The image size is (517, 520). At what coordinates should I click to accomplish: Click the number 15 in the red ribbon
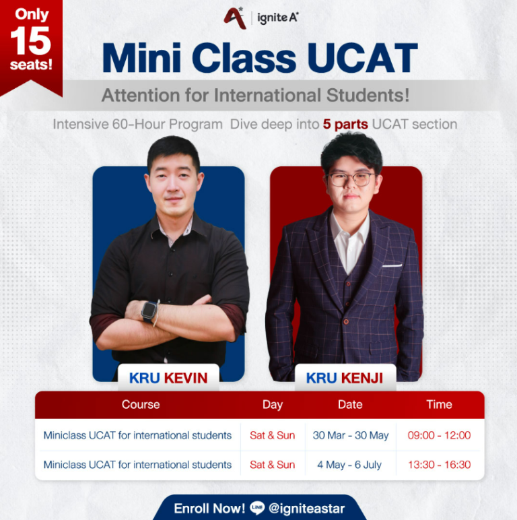pos(30,41)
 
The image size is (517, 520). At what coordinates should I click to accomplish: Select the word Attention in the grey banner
pos(137,96)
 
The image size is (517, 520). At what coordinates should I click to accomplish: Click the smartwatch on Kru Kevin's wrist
pos(149,311)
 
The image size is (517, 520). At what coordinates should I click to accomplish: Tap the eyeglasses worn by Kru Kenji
pos(350,179)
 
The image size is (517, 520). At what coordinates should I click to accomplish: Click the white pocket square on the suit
pos(391,265)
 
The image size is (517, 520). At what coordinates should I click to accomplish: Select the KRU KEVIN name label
pos(168,378)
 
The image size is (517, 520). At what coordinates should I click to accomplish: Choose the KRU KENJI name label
pos(345,378)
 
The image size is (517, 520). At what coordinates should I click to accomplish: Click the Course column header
pos(141,405)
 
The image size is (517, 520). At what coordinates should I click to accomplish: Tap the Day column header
pos(273,405)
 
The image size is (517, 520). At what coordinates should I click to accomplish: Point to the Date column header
pos(350,405)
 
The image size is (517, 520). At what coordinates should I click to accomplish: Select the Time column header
pos(439,405)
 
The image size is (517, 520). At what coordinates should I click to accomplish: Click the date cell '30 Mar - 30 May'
pos(351,435)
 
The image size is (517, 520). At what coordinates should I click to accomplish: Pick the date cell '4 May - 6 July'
pos(349,465)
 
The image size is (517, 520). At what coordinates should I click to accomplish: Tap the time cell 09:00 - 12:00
pos(439,435)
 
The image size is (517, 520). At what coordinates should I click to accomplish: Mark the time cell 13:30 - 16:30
pos(439,465)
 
